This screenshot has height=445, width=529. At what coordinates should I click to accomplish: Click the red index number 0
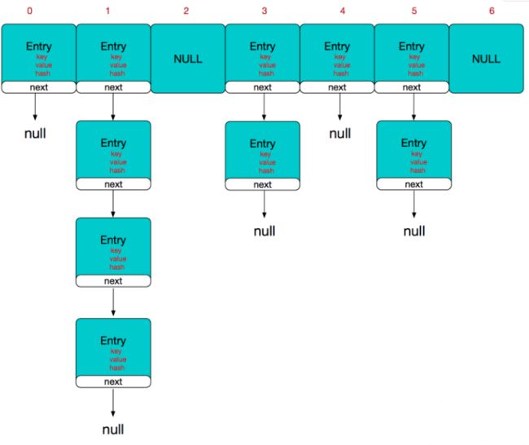pos(29,11)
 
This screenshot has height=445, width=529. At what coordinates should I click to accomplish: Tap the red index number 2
pos(186,11)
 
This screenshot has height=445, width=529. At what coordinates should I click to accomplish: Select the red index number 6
pos(492,11)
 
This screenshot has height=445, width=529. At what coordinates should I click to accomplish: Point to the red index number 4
pos(343,11)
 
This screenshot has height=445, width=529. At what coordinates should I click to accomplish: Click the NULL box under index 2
pos(188,59)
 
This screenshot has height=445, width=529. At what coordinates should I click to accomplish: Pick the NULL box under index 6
pos(486,59)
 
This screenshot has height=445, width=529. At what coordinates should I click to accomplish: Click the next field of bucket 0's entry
pos(39,87)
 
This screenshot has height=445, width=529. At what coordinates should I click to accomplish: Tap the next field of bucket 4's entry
pos(337,87)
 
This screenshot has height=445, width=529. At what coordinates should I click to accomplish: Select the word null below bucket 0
pos(35,134)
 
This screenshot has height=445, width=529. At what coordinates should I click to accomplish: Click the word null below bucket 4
pos(340,134)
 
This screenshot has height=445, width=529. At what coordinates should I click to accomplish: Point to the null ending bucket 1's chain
pos(113,430)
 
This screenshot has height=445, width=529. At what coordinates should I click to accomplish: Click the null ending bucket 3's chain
pos(264,231)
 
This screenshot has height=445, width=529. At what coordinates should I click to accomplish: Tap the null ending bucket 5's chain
pos(414,231)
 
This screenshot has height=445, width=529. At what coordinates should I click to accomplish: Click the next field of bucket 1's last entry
pos(113,381)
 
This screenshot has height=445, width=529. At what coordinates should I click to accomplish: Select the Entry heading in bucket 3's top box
pos(263,46)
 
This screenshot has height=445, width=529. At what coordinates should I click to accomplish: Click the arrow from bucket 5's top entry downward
pos(414,107)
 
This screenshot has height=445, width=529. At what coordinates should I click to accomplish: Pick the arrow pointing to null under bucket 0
pos(35,107)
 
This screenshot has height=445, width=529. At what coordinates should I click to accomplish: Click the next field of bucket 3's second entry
pos(263,184)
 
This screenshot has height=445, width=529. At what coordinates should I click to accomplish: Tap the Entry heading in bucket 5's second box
pos(414,143)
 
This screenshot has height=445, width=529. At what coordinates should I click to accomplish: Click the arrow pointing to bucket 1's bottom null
pos(113,402)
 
